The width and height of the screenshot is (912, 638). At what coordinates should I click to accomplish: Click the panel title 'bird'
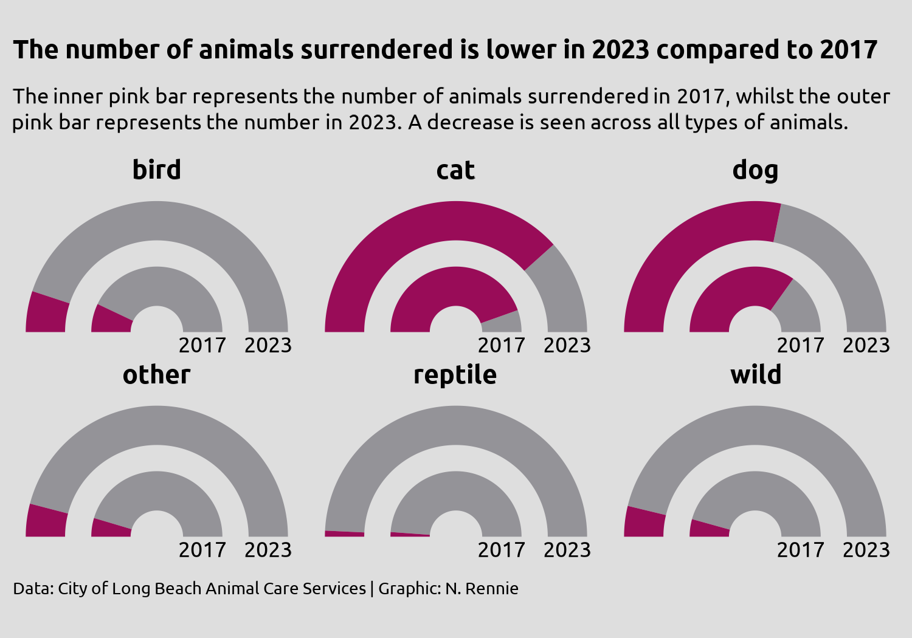pyautogui.click(x=157, y=170)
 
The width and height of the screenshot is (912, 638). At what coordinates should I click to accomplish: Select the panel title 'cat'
pyautogui.click(x=455, y=170)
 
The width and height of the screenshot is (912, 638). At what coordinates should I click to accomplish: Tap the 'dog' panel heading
pyautogui.click(x=755, y=170)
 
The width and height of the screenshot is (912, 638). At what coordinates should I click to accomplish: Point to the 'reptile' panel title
pyautogui.click(x=455, y=375)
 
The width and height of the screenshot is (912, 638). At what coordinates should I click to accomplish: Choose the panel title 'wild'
pyautogui.click(x=756, y=375)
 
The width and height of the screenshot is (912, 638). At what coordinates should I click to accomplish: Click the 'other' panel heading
pyautogui.click(x=157, y=375)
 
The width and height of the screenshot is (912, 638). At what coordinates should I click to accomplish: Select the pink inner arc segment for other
pyautogui.click(x=111, y=527)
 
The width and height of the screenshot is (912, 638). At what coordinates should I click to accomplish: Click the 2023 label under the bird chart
pyautogui.click(x=268, y=345)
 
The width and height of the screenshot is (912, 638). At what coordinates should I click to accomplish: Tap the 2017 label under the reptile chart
pyautogui.click(x=501, y=550)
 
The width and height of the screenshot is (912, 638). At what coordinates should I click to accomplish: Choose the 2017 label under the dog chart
pyautogui.click(x=800, y=345)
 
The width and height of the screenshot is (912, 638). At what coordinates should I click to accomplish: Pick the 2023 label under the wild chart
pyautogui.click(x=866, y=550)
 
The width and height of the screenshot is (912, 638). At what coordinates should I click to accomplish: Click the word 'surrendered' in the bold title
pyautogui.click(x=376, y=50)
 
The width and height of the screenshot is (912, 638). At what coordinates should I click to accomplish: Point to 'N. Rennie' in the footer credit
pyautogui.click(x=482, y=589)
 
